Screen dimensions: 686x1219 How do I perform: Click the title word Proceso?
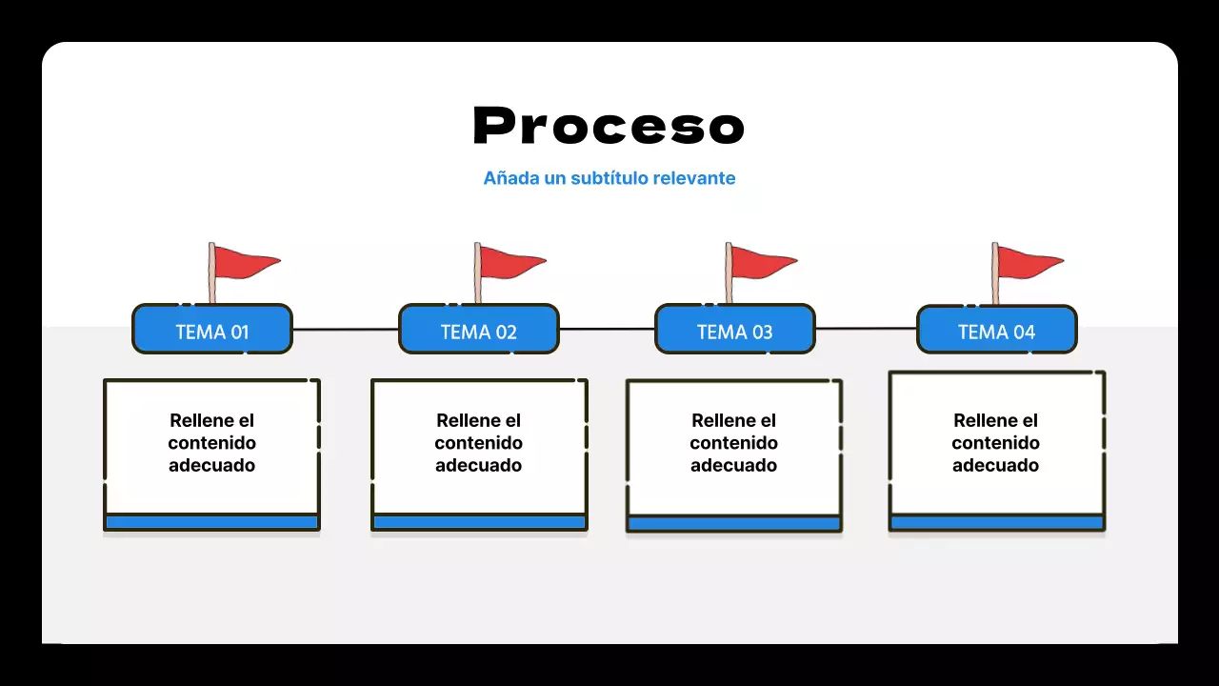609,126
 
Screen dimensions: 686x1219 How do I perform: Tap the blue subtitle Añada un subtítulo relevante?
609,178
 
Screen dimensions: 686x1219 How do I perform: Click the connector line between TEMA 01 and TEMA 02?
345,330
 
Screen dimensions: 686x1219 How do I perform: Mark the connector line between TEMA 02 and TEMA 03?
607,329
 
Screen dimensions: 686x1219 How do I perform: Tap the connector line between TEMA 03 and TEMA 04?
866,329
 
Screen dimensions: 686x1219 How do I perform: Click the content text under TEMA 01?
211,443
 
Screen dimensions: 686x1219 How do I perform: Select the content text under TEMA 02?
478,443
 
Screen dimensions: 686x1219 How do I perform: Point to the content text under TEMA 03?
733,443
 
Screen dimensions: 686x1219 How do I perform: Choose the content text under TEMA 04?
995,443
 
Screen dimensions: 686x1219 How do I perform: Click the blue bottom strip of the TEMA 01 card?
211,522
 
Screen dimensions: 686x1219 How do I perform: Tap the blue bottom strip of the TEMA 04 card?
996,523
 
